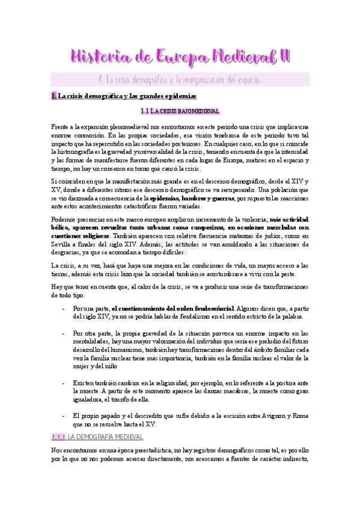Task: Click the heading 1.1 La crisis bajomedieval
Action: pos(180,111)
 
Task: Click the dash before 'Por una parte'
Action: pos(63,308)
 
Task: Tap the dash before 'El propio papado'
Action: pos(63,415)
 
